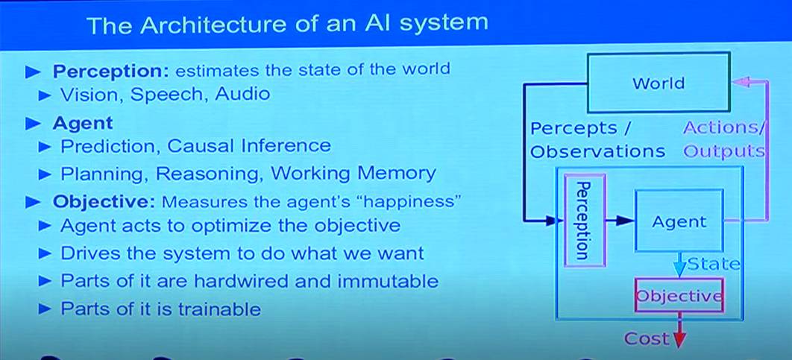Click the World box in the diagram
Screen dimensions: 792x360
tap(658, 83)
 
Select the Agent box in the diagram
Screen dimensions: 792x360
tap(679, 221)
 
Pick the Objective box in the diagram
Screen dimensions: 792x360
tap(679, 295)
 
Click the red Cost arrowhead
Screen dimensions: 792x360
tap(679, 340)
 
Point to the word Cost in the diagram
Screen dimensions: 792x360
tap(647, 339)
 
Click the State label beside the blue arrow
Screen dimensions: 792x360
tap(714, 264)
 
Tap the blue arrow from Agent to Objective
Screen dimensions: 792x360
tap(679, 265)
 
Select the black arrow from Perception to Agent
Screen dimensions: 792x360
tap(618, 221)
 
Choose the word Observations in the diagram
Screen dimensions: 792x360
tap(597, 151)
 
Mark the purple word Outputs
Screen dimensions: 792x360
tap(724, 151)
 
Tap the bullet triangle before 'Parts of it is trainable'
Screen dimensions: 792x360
tap(46, 308)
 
